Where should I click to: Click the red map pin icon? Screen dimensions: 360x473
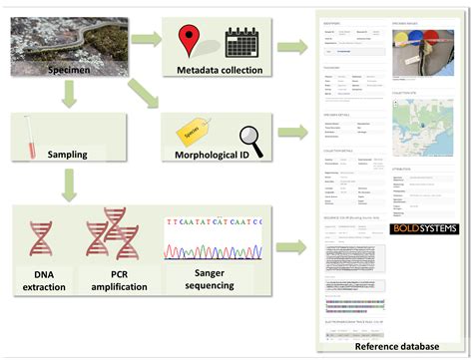click(191, 41)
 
